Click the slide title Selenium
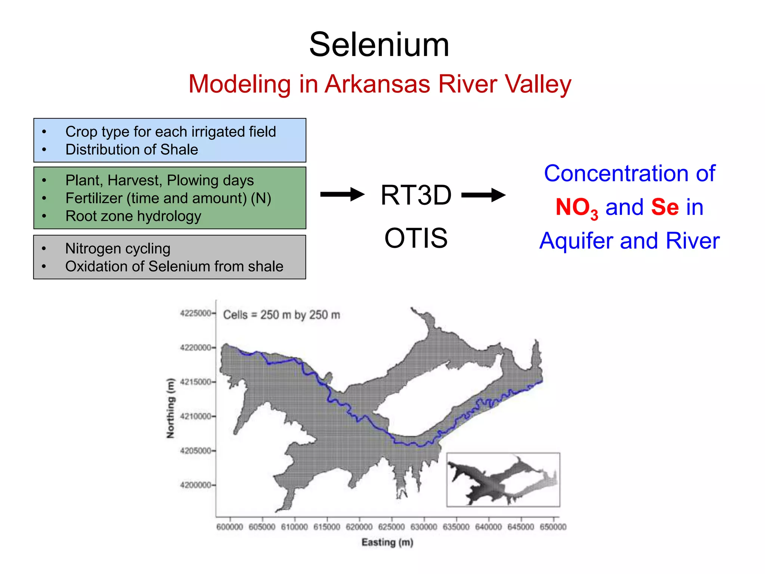point(379,45)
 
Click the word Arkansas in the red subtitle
point(378,84)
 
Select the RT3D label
point(416,195)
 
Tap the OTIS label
point(416,238)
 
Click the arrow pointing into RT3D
point(342,194)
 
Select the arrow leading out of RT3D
point(483,195)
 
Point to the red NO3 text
point(577,208)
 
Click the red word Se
point(665,207)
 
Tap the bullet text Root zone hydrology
point(133,216)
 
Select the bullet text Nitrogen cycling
point(118,249)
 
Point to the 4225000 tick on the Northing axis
point(195,313)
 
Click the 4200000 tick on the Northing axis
point(195,485)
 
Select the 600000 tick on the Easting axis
point(230,527)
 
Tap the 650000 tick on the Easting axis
point(553,527)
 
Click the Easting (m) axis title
point(387,542)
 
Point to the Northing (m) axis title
point(170,408)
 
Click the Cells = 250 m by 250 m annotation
point(282,315)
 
